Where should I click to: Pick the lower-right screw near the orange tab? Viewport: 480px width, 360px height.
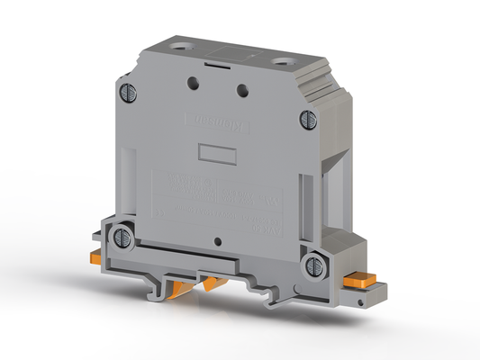[x=313, y=265]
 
